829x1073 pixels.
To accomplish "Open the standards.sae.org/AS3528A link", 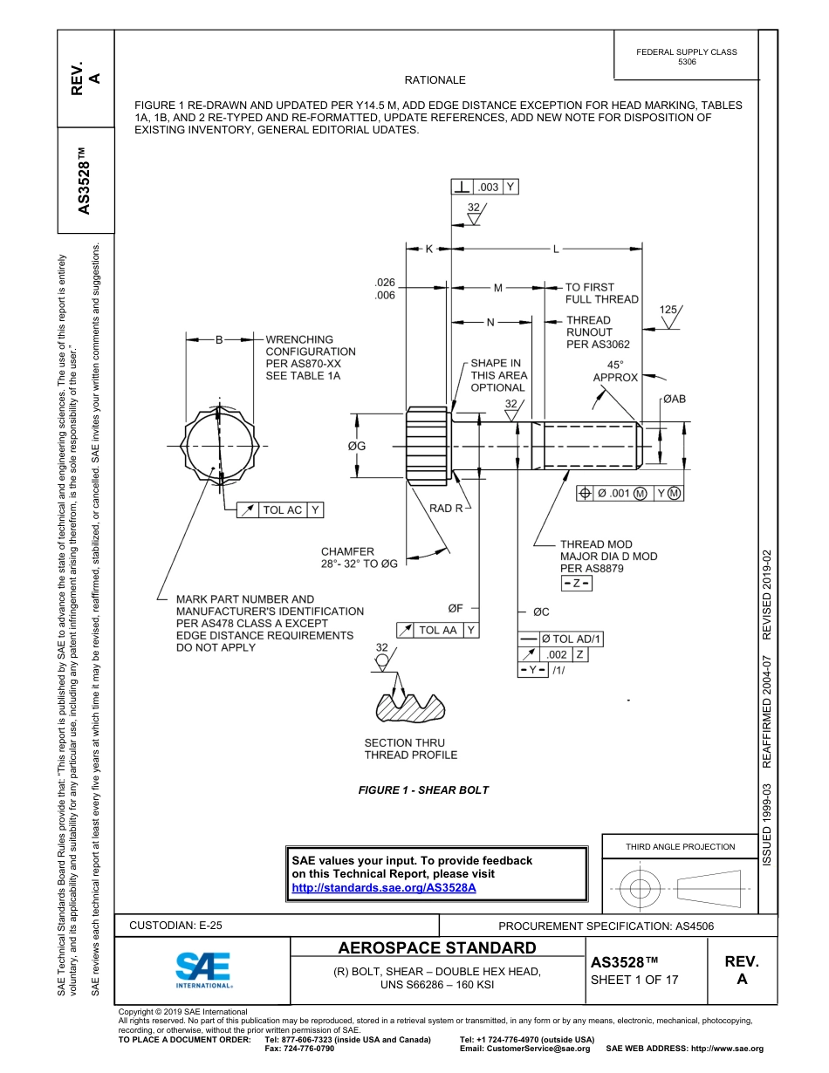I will pyautogui.click(x=383, y=887).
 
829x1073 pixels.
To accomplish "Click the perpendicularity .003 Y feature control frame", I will pyautogui.click(x=484, y=187).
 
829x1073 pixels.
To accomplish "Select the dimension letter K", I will pyautogui.click(x=429, y=249).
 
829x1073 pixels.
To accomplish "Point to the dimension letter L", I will pyautogui.click(x=555, y=249).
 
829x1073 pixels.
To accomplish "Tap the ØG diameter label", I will pyautogui.click(x=357, y=447).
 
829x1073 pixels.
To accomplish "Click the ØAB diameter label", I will pyautogui.click(x=674, y=399).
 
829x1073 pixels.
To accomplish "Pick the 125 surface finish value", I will pyautogui.click(x=668, y=310).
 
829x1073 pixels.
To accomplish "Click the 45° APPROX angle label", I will pyautogui.click(x=615, y=372).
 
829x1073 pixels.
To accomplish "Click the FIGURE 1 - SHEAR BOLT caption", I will pyautogui.click(x=423, y=790).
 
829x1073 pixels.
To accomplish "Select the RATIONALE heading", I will pyautogui.click(x=435, y=80).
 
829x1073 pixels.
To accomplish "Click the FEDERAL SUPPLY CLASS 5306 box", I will pyautogui.click(x=686, y=57).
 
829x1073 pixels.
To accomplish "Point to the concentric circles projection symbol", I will pyautogui.click(x=641, y=889).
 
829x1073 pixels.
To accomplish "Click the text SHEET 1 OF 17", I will pyautogui.click(x=634, y=980).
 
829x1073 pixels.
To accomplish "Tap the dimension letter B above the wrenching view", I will pyautogui.click(x=218, y=339).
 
